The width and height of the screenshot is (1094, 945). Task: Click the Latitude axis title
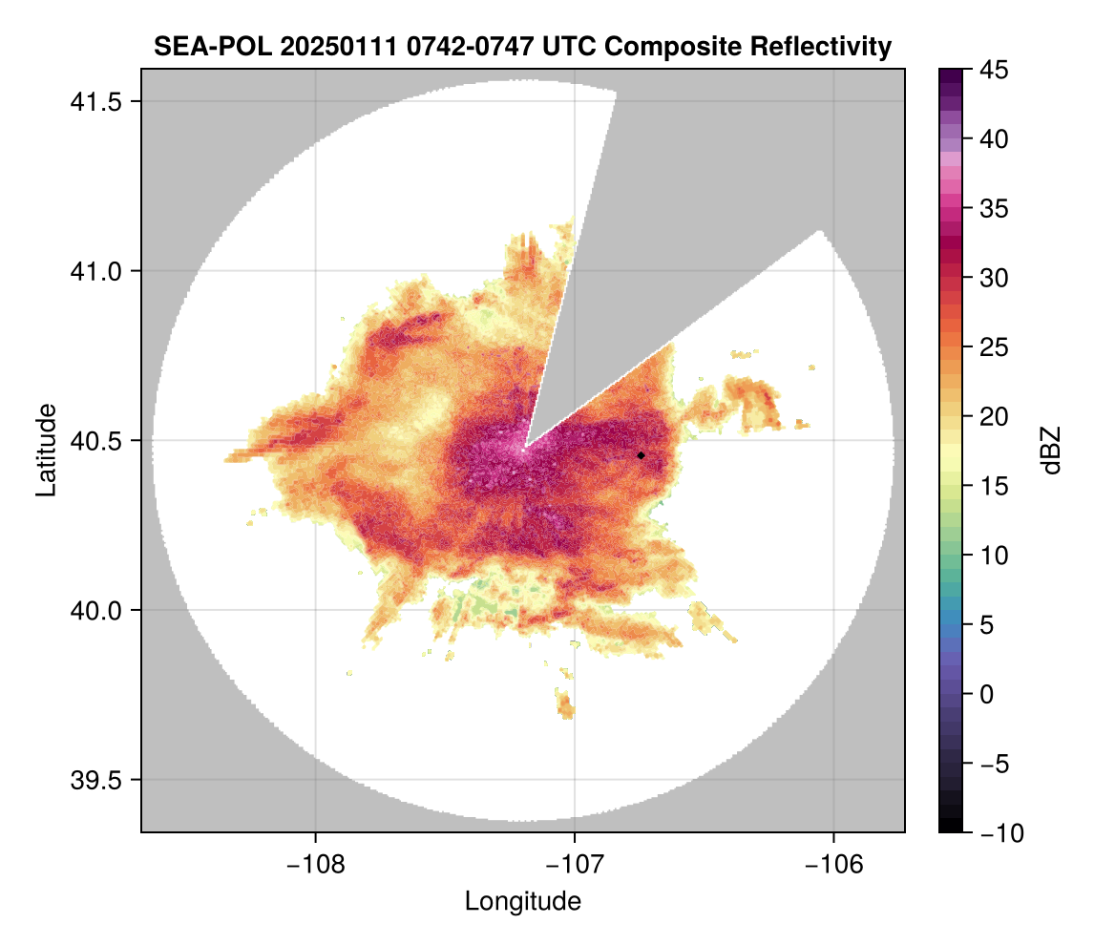click(x=45, y=449)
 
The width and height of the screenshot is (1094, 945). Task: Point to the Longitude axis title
click(x=522, y=900)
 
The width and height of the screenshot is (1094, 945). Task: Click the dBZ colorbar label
click(x=1051, y=450)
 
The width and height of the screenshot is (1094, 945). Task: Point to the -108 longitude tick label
click(x=315, y=863)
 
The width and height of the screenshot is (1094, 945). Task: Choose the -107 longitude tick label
click(x=575, y=863)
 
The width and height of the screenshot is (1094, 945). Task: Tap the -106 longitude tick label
click(x=834, y=863)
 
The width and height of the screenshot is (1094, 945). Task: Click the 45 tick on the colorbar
click(x=994, y=70)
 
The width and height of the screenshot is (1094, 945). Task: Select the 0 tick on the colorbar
click(x=988, y=694)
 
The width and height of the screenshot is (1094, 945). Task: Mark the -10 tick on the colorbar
click(x=999, y=832)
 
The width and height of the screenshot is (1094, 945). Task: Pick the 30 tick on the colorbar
click(x=994, y=278)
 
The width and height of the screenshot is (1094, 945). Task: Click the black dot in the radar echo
click(x=642, y=455)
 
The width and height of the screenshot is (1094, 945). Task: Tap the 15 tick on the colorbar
click(x=994, y=486)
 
